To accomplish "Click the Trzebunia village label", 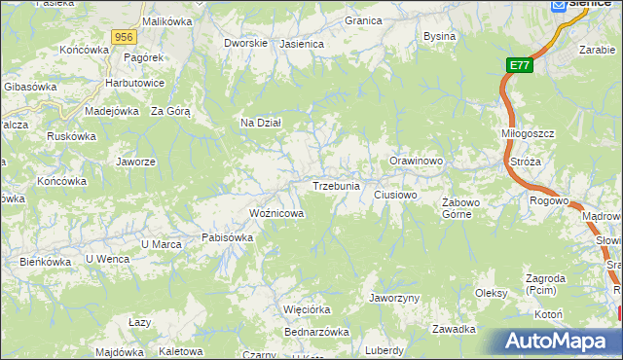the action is pos(337,186).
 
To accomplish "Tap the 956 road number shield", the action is pos(123,37).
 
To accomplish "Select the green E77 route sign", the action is pos(520,66).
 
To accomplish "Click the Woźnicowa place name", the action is pos(277,213).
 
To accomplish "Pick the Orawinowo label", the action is pos(417,161).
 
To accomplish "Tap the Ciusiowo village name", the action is pos(396,196).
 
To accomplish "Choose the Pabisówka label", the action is pos(227,236).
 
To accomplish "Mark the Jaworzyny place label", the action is pos(394,298).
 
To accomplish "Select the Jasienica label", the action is pos(301,44).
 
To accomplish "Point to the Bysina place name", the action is pos(440,37).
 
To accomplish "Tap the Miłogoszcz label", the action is pos(528,134).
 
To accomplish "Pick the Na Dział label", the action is pos(261,123).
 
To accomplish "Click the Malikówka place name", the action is pos(165,20).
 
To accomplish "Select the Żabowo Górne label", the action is pos(462,208).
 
